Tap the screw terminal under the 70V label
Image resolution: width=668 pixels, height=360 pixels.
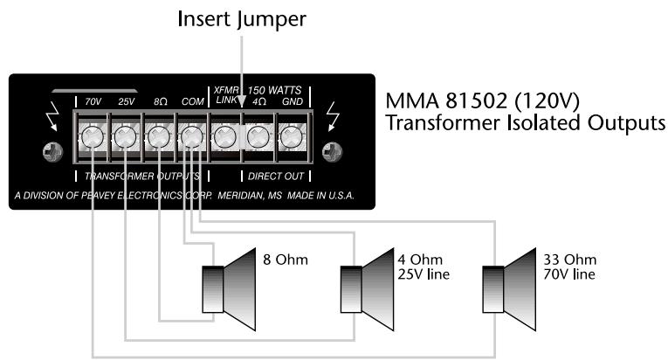92,136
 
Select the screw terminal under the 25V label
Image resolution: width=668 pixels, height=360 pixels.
125,136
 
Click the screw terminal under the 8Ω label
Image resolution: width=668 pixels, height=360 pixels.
157,136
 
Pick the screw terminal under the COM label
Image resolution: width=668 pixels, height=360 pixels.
190,136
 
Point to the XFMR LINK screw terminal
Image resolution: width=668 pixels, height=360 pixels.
224,136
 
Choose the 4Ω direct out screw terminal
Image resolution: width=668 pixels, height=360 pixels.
257,136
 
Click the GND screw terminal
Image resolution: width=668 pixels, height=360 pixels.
290,136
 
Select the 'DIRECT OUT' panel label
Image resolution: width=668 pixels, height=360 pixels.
271,175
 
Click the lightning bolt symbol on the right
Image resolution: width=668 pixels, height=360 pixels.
331,116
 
